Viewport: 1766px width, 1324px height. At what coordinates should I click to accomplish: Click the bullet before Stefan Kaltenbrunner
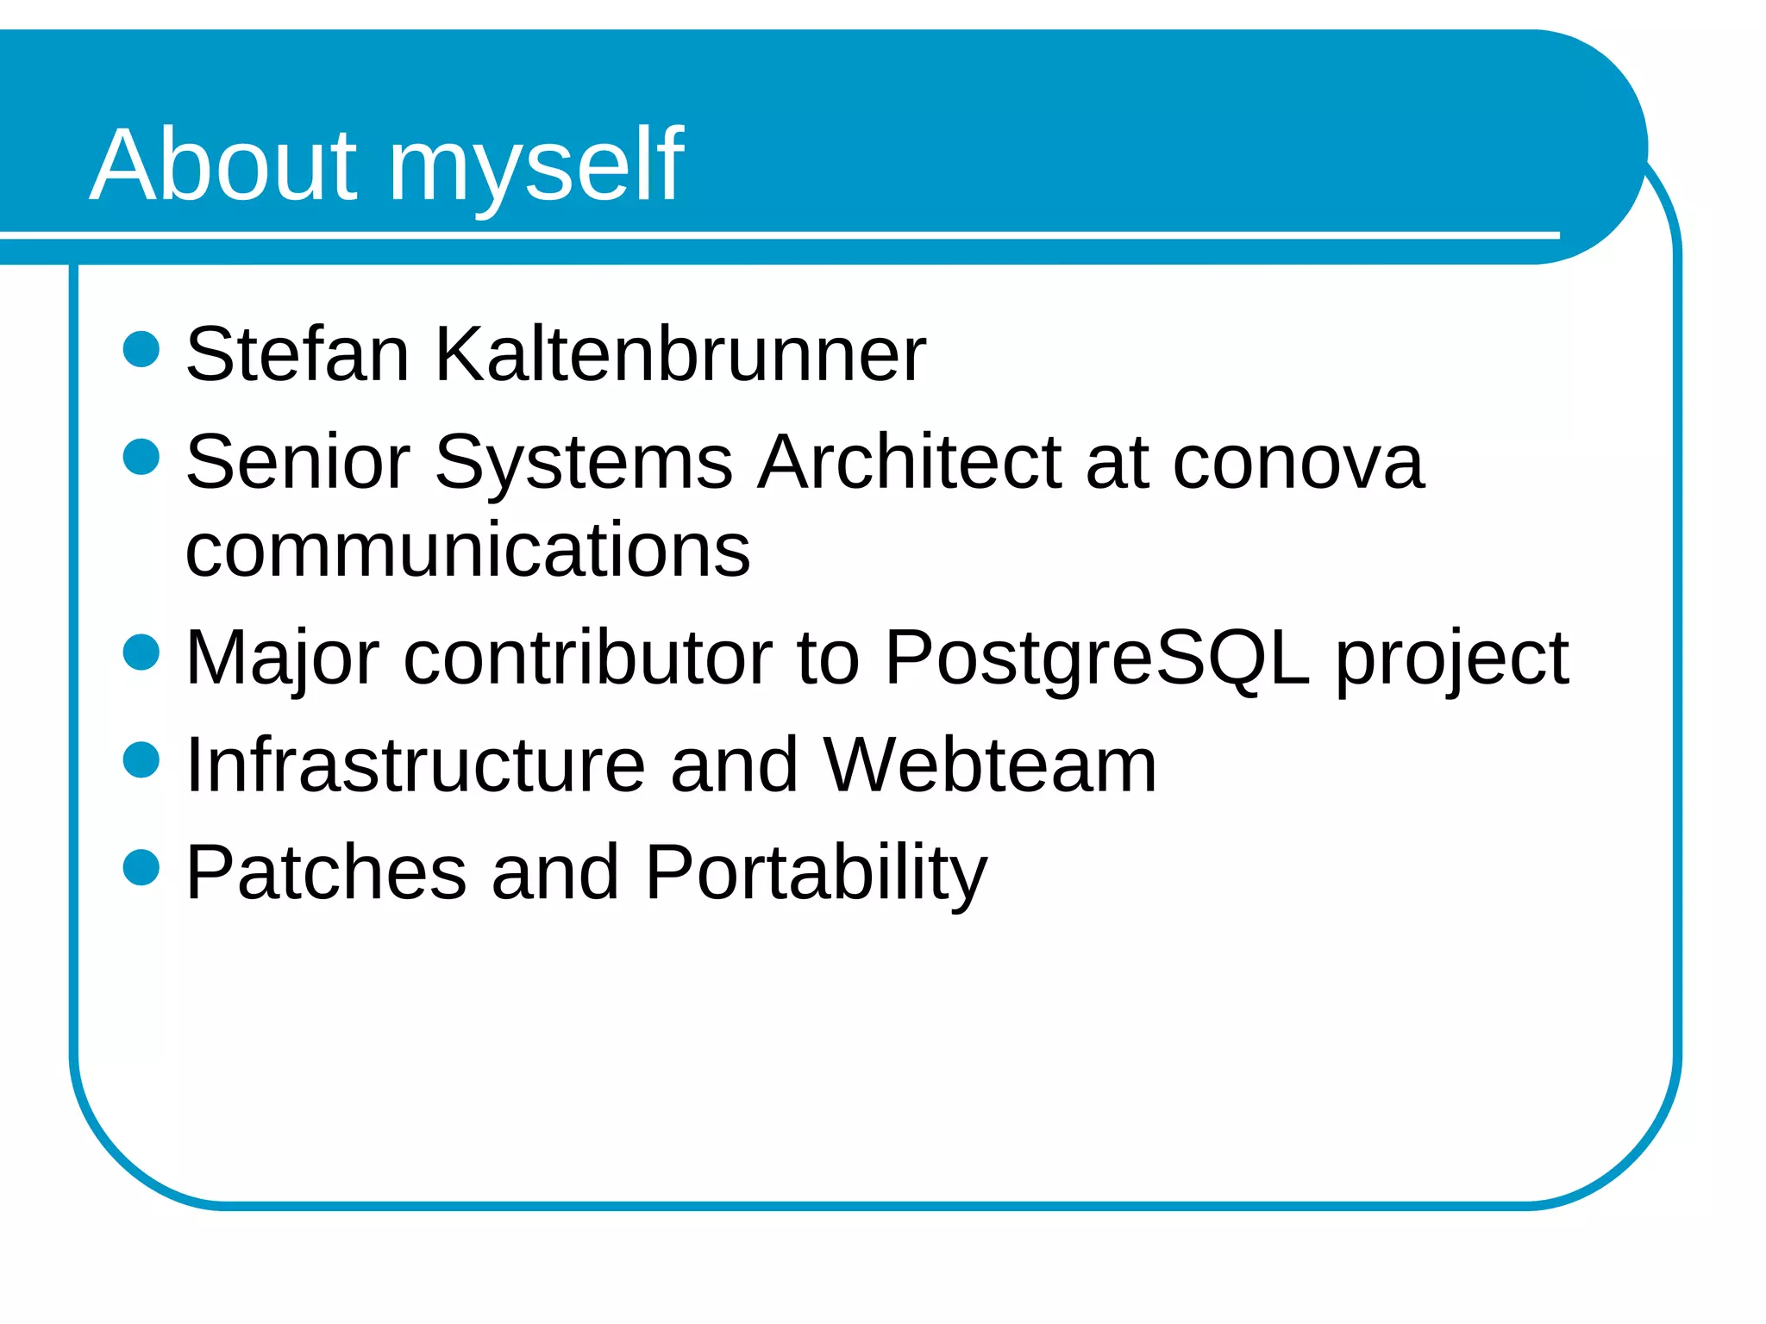pos(141,350)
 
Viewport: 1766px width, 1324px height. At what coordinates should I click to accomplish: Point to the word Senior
pos(297,462)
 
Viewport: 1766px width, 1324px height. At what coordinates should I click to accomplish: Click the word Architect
pos(910,462)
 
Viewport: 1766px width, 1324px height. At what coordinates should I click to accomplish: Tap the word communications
pos(467,549)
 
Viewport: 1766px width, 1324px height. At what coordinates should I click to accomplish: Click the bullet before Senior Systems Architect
pos(141,457)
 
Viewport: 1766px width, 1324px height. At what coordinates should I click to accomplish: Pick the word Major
pos(282,659)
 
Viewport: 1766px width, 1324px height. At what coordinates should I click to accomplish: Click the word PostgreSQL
pos(1097,659)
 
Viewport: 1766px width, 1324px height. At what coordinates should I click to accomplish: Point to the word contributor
pos(588,659)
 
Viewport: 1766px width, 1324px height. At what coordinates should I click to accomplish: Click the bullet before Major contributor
pos(141,652)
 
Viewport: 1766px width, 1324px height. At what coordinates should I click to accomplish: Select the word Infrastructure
pos(415,765)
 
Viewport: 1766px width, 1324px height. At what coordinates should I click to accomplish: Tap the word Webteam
pos(989,765)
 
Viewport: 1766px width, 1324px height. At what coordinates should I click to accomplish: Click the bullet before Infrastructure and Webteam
pos(141,760)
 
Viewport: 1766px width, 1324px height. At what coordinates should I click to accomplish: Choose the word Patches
pos(326,872)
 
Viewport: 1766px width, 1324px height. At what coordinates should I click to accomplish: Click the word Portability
pos(815,872)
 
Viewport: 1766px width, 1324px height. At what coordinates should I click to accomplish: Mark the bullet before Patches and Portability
pos(141,867)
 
